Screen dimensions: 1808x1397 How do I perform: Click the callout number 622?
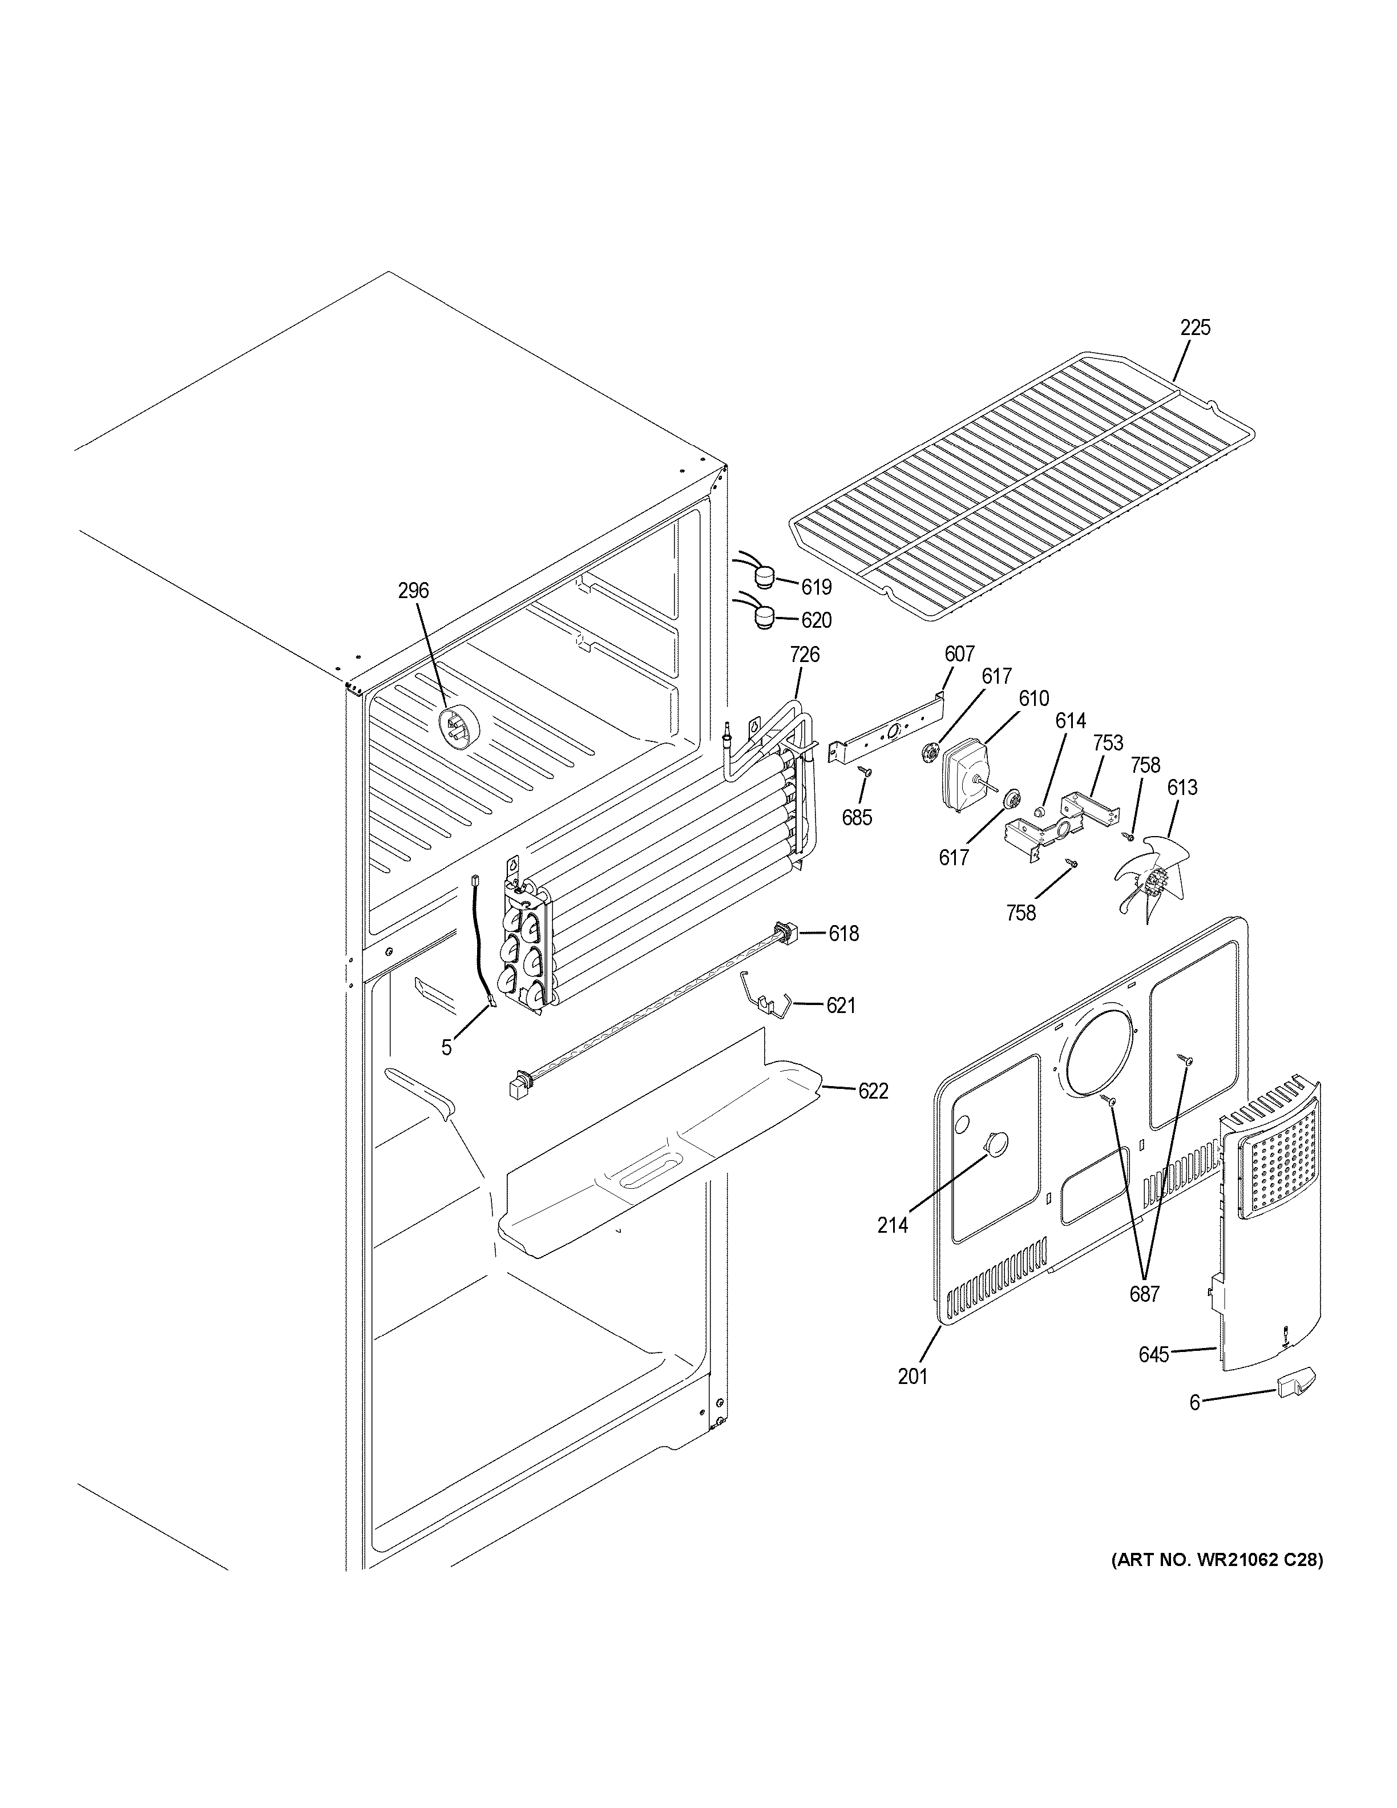[873, 1091]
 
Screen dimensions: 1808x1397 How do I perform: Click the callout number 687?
[1145, 1294]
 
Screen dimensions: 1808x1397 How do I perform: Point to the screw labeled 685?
[865, 772]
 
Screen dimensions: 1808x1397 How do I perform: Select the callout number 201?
[913, 1376]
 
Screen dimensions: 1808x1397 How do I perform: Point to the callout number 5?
[446, 1048]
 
